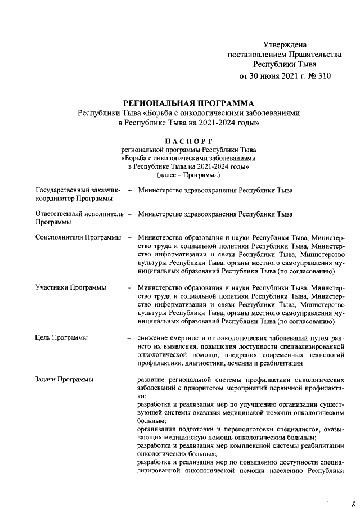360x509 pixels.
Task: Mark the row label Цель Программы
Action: (x=61, y=338)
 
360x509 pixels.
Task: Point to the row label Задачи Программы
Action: (x=64, y=380)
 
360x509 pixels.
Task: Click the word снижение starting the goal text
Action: (x=154, y=338)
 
